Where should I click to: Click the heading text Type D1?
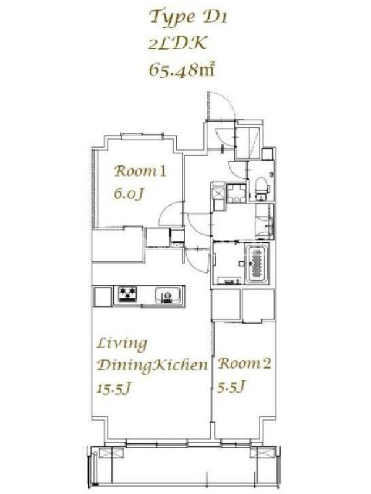[189, 17]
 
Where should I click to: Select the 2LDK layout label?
[177, 43]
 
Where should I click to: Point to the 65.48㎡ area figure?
[181, 69]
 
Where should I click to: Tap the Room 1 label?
[140, 171]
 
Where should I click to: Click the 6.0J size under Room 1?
[129, 193]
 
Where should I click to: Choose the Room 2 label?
[244, 364]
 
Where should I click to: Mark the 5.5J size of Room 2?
[231, 387]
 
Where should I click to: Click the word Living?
[122, 344]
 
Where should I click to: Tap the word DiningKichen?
[152, 366]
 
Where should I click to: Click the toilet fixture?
[261, 188]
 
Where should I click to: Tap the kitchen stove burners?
[127, 294]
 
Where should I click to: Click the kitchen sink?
[168, 296]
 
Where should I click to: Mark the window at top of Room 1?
[140, 136]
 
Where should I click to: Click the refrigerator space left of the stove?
[103, 296]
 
